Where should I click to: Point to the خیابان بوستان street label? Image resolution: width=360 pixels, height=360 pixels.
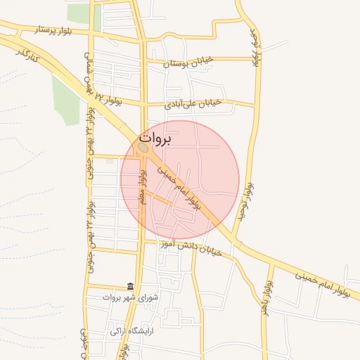pos(186,63)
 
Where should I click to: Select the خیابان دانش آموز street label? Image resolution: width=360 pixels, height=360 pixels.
pos(191,247)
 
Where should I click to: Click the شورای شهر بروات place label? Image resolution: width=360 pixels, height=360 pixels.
pos(156,297)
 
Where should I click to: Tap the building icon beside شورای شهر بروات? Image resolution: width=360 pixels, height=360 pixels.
pos(130,286)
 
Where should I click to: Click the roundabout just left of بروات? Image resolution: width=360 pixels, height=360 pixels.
pos(143,148)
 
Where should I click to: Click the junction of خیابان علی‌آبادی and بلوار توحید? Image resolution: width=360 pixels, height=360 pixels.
pos(255,105)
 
